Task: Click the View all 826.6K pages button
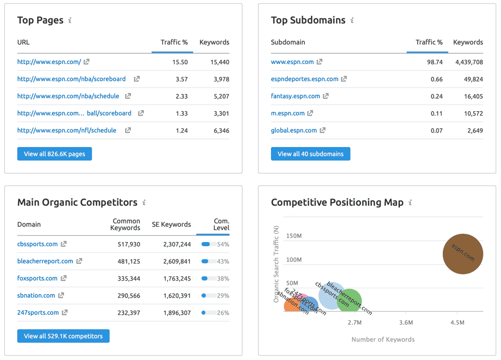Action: tap(55, 154)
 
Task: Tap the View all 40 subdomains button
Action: tap(310, 154)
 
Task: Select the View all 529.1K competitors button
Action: tap(63, 336)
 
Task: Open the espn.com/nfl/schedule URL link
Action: tap(66, 130)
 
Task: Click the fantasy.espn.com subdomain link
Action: tap(295, 96)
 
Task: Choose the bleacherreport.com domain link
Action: tap(45, 261)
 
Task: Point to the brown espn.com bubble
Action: tap(463, 254)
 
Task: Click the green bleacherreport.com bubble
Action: tap(349, 301)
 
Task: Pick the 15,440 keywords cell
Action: tap(219, 62)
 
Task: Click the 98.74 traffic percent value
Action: tap(433, 62)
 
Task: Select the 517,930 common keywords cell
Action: tap(126, 244)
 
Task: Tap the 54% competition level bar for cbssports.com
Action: tap(209, 244)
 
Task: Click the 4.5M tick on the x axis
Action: tap(457, 323)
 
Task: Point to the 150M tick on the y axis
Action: tap(294, 236)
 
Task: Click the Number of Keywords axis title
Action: tap(383, 339)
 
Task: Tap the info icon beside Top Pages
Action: tap(70, 21)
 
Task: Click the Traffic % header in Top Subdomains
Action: tap(429, 42)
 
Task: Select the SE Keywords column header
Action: tap(171, 224)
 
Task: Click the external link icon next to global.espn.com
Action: tap(322, 130)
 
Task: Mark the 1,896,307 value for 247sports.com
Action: tap(177, 313)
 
